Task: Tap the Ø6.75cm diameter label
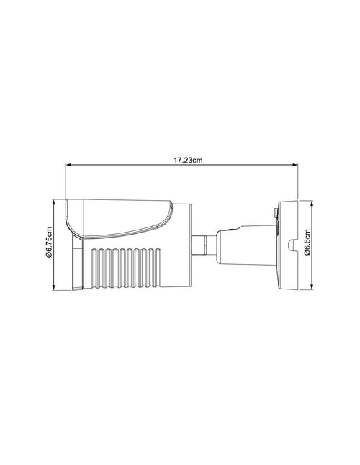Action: point(48,244)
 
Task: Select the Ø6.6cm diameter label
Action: point(307,244)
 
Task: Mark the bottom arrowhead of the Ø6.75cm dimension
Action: point(55,289)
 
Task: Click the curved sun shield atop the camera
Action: point(119,215)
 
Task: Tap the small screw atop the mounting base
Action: point(274,212)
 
